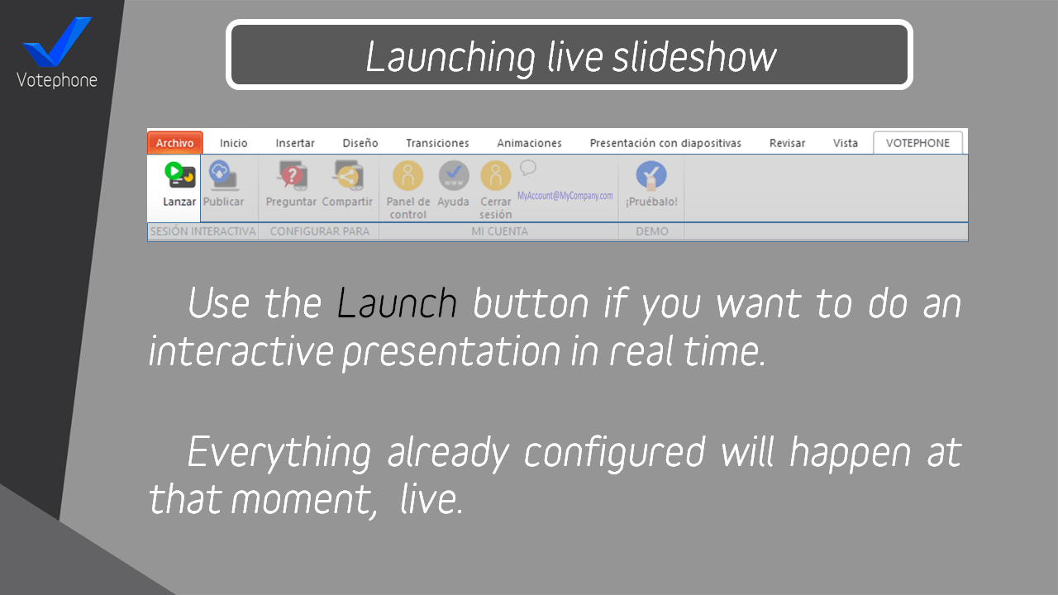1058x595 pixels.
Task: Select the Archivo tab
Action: click(x=174, y=143)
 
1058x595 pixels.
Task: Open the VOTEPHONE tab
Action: click(x=917, y=143)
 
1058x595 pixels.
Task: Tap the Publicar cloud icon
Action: click(x=223, y=174)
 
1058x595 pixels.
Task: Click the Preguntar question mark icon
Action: click(x=292, y=175)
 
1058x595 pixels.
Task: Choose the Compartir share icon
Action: click(x=348, y=175)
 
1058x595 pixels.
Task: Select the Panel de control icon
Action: click(x=408, y=176)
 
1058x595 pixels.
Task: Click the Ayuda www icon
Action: click(x=454, y=176)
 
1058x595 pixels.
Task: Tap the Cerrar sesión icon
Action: click(x=495, y=176)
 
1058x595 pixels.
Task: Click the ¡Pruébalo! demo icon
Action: click(x=651, y=176)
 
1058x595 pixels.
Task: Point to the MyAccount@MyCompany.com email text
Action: click(x=565, y=196)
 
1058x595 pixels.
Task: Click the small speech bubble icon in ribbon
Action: click(x=528, y=168)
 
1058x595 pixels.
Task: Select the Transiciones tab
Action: click(x=437, y=143)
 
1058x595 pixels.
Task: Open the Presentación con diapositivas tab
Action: click(x=665, y=143)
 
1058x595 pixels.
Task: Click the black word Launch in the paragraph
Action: click(x=397, y=303)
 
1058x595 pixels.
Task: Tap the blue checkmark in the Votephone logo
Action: click(x=57, y=41)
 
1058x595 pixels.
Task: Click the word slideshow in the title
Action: click(x=695, y=57)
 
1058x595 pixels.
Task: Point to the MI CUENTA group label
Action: click(x=499, y=231)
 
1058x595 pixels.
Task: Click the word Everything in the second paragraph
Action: click(x=279, y=453)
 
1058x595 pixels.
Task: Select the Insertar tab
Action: click(x=295, y=143)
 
